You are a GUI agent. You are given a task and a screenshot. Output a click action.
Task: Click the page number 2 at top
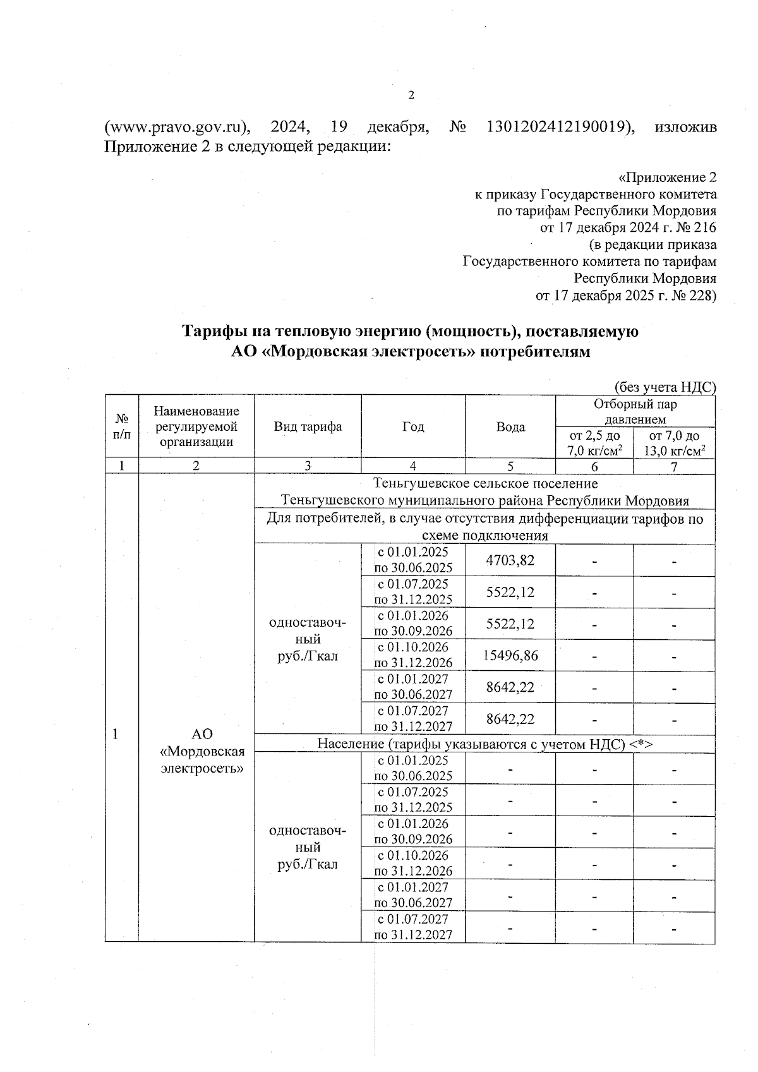tap(411, 95)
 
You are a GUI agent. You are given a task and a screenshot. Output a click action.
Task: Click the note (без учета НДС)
tap(665, 387)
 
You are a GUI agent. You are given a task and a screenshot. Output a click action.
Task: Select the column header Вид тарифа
tap(308, 426)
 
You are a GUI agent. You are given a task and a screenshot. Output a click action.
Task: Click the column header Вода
tap(510, 427)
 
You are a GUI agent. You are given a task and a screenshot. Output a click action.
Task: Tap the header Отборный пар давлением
tap(635, 411)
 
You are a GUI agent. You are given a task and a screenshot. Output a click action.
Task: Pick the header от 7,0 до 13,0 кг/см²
tap(674, 443)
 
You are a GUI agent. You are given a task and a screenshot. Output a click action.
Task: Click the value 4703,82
tap(510, 560)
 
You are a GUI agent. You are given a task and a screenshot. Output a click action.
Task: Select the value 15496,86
tap(510, 656)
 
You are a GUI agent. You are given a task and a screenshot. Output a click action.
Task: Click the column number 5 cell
tap(510, 466)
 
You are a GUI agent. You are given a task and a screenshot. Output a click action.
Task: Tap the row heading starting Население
tap(484, 744)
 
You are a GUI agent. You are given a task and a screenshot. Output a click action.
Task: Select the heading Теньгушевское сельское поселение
tap(484, 484)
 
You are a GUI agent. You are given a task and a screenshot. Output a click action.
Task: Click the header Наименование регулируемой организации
tap(196, 426)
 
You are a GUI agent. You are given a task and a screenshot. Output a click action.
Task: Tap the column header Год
tap(413, 427)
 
